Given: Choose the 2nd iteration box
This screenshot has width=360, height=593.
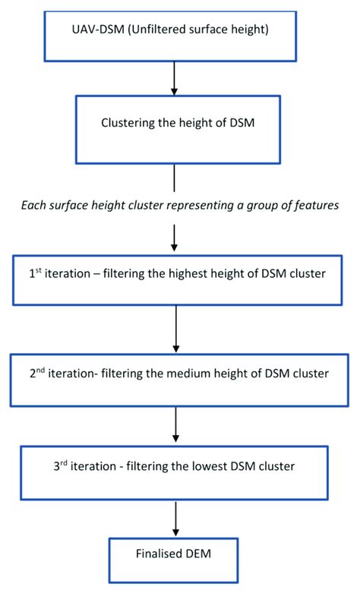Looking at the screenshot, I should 176,382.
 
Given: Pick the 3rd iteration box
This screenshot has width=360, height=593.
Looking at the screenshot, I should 175,473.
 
